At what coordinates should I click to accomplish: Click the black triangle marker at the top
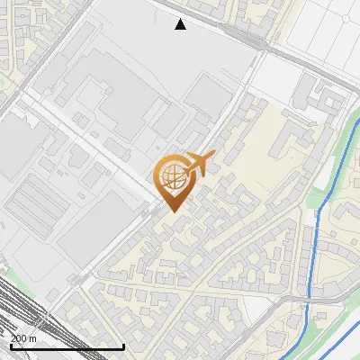pos(181,24)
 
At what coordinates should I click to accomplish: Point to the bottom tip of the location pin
pos(171,211)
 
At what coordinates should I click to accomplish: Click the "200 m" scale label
pos(24,338)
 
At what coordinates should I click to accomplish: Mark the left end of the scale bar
pos(10,346)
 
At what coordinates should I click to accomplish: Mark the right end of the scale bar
pos(123,346)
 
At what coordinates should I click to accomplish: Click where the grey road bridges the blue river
pos(310,298)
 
